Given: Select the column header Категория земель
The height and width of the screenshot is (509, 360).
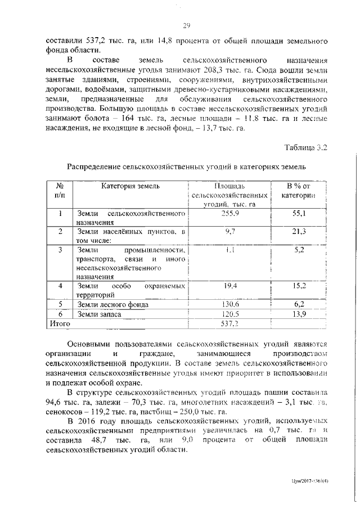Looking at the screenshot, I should (130, 186).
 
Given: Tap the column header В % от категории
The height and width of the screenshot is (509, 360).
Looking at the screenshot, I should (298, 190).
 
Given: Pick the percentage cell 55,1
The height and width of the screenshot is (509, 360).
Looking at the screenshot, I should (299, 214).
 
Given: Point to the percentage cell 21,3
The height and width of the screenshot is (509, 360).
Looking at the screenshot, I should (299, 231).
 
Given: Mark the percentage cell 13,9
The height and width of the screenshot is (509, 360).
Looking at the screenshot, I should (299, 314).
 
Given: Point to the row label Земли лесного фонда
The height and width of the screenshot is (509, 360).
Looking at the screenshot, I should (113, 304).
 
